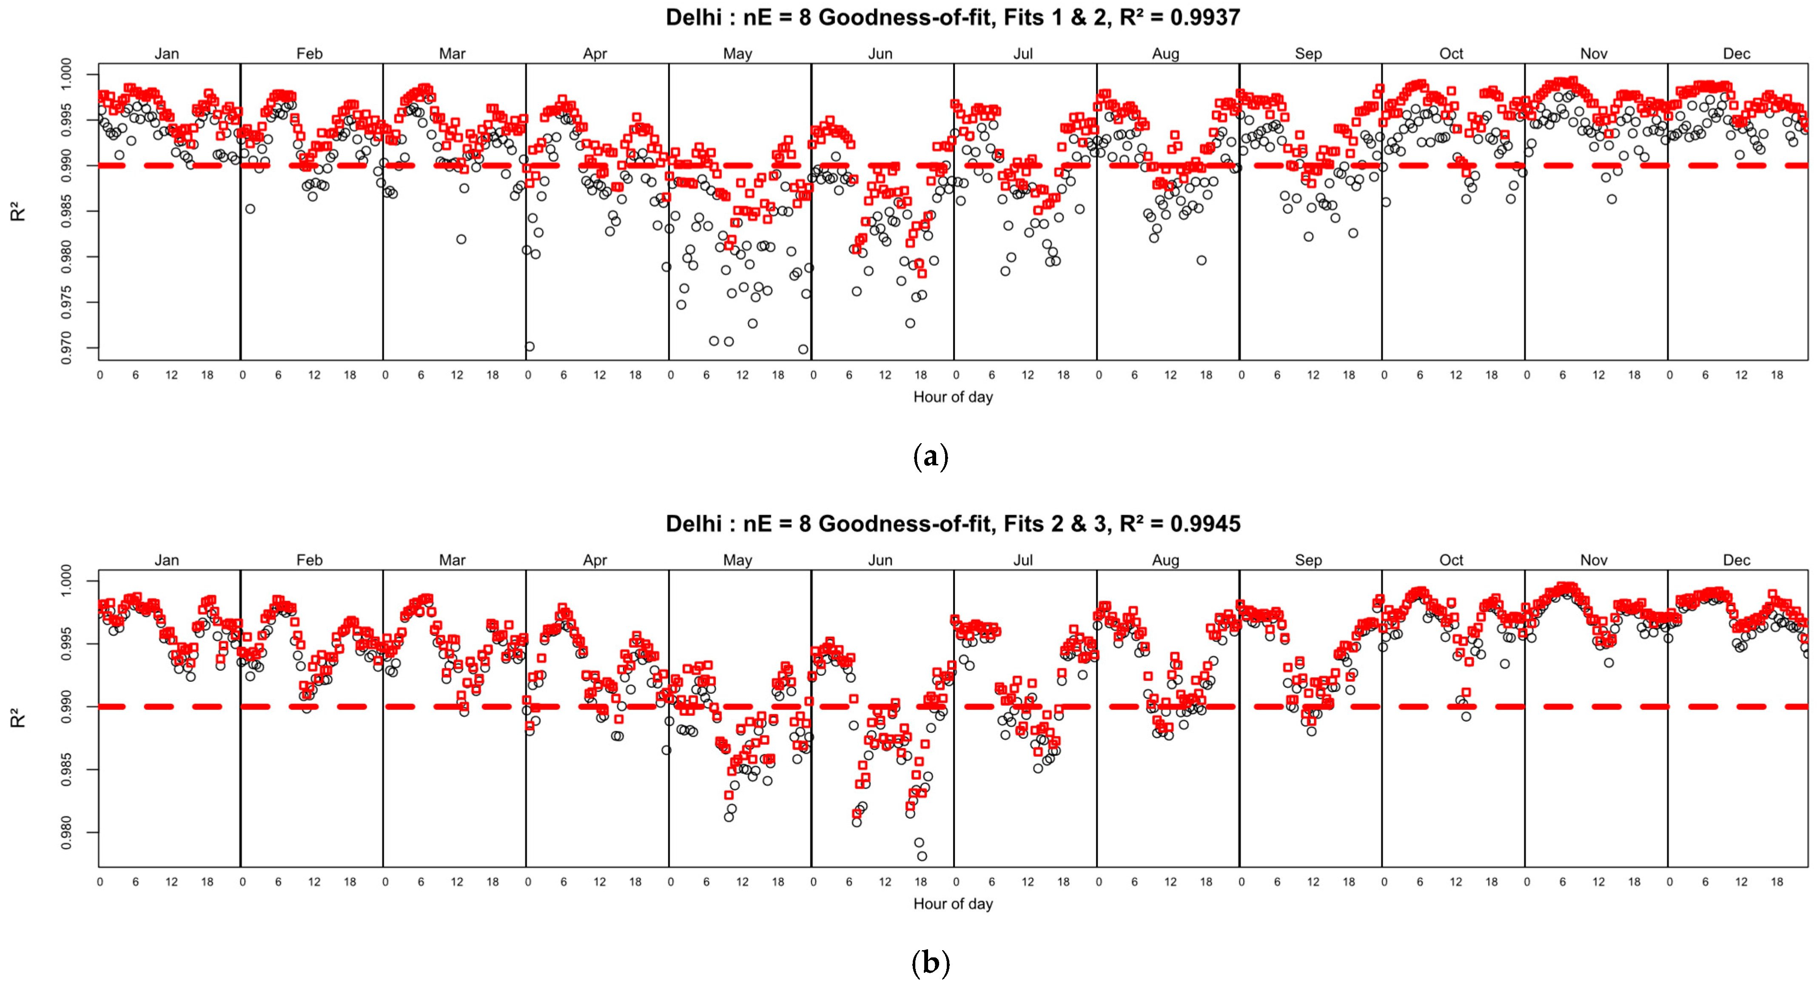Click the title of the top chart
pos(952,17)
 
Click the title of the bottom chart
pos(952,524)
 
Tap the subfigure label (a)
pos(931,457)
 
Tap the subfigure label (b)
pos(931,963)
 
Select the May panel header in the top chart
pos(738,54)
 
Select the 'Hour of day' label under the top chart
pos(952,397)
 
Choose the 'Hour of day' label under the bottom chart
pos(952,903)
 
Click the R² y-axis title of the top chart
pos(18,212)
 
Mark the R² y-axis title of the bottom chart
pos(18,718)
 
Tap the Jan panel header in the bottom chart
pos(167,560)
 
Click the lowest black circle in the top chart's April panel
pos(529,347)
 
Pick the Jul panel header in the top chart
pos(1023,54)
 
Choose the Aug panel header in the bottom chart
pos(1166,560)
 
